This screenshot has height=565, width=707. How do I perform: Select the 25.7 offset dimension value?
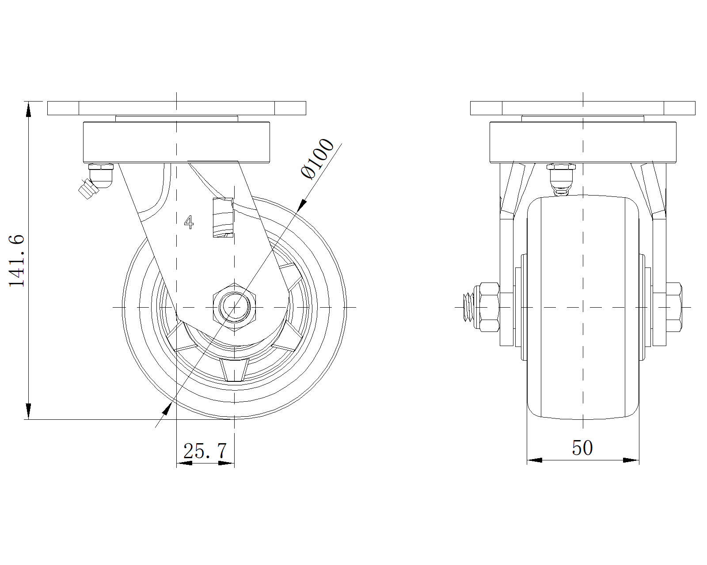[x=205, y=451]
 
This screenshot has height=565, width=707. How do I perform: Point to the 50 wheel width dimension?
[x=582, y=448]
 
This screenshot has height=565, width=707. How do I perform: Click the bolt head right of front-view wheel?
[x=673, y=307]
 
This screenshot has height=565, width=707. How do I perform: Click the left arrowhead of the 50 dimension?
[x=535, y=460]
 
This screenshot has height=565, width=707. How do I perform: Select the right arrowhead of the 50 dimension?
[x=631, y=460]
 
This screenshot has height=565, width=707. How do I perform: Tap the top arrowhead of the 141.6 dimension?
[x=29, y=109]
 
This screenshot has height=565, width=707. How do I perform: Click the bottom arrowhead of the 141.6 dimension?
[x=29, y=411]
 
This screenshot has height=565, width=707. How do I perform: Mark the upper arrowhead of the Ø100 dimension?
[x=301, y=205]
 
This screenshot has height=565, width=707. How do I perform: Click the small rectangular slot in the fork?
[x=223, y=218]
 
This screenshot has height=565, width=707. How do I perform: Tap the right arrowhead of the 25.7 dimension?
[x=226, y=463]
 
